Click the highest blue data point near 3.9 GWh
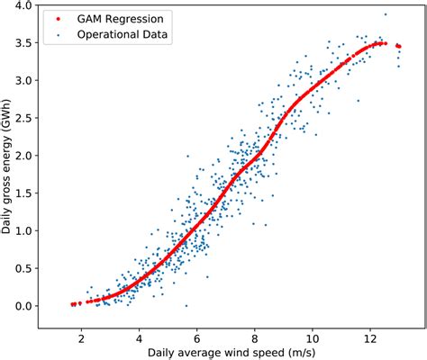386,14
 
